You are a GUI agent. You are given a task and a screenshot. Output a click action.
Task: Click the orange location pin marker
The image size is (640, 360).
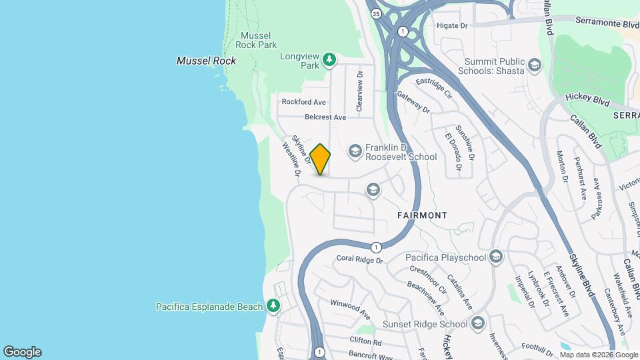(320, 159)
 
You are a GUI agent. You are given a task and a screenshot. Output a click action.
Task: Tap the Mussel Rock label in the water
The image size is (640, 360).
(206, 61)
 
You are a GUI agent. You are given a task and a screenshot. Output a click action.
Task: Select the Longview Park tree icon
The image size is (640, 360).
(329, 61)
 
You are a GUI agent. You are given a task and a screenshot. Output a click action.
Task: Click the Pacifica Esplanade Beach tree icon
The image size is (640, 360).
(273, 306)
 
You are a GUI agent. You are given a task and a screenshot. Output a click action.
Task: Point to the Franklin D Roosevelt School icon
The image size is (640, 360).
(355, 151)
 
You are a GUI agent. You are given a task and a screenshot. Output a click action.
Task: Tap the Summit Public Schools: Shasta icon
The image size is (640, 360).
(534, 65)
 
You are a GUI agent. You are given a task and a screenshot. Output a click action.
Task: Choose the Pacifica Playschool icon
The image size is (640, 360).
(495, 257)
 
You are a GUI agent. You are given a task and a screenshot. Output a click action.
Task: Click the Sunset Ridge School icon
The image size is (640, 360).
(477, 324)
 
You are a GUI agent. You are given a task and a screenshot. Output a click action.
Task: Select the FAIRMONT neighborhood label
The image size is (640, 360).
(421, 215)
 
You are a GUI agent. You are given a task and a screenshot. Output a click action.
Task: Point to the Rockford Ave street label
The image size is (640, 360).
(303, 102)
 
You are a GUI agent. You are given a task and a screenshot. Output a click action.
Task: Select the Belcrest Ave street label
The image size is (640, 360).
(325, 117)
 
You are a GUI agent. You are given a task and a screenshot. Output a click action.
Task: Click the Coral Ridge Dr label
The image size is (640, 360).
(360, 259)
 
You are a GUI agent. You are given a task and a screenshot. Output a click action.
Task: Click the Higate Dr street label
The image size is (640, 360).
(453, 25)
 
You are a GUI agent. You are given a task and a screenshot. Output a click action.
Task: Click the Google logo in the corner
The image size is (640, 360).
(22, 351)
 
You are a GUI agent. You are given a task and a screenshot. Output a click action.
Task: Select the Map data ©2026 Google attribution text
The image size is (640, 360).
(598, 355)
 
